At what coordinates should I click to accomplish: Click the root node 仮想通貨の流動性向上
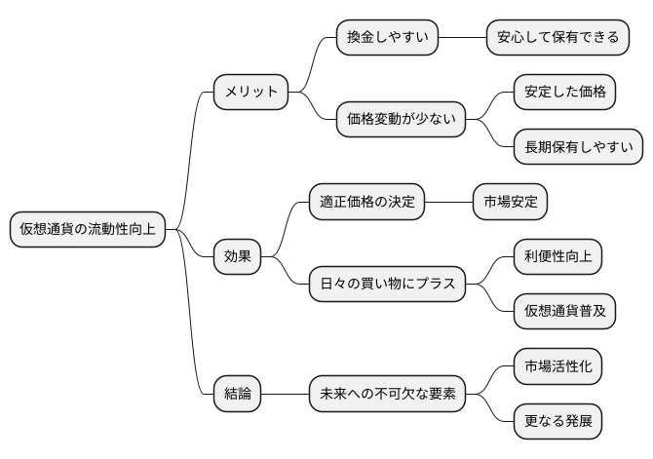[86, 230]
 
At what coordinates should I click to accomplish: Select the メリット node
[251, 93]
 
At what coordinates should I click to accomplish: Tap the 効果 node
[238, 257]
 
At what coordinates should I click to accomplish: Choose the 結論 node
[238, 394]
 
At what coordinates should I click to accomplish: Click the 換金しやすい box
[387, 38]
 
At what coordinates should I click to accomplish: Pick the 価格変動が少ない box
[401, 120]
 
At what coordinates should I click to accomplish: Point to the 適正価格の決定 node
[367, 202]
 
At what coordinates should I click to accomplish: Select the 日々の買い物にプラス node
[387, 285]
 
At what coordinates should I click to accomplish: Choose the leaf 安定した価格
[564, 93]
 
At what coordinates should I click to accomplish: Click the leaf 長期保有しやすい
[578, 147]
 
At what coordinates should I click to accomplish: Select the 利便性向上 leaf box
[557, 257]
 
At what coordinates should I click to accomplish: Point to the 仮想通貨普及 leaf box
[564, 312]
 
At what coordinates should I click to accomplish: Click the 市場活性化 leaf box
[557, 366]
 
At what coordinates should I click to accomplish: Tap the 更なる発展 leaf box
[557, 421]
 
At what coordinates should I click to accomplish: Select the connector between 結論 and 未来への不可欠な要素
[285, 394]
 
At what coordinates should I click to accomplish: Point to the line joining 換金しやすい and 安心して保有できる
[462, 38]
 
